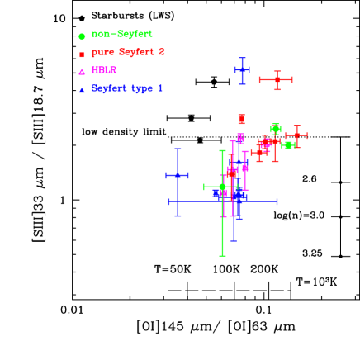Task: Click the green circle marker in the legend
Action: coord(82,36)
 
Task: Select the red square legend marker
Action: coord(82,54)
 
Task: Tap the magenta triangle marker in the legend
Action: coord(82,72)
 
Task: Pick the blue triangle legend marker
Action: coord(82,90)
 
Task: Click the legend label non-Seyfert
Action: coord(122,35)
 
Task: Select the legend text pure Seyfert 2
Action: coord(128,52)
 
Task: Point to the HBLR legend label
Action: coord(104,70)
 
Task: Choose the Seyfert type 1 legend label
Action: coord(127,88)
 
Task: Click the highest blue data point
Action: coord(242,70)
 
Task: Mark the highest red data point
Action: coord(277,79)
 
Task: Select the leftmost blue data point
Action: coord(178,175)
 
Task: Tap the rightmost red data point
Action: coord(296,135)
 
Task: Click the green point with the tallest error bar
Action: coord(222,187)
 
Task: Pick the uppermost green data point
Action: coord(275,129)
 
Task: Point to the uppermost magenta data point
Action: coord(240,137)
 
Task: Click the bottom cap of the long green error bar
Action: coord(222,256)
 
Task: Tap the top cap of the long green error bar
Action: coord(222,150)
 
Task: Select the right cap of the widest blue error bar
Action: coord(277,201)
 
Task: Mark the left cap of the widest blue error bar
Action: coord(169,201)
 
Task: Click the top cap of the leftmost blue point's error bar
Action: coord(178,149)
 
